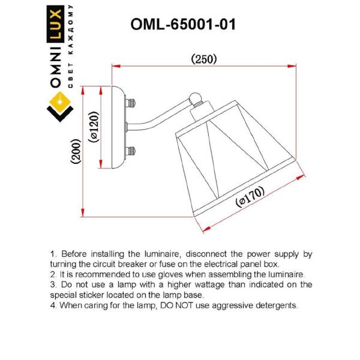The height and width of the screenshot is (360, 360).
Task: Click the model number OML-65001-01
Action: [x=183, y=25]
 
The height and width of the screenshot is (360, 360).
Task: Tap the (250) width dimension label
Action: [x=203, y=59]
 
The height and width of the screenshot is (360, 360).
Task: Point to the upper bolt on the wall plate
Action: [x=131, y=103]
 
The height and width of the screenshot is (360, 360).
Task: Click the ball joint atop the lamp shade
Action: [x=196, y=98]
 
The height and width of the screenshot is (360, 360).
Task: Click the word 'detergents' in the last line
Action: [x=274, y=305]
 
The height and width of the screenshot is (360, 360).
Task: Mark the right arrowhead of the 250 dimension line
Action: [x=297, y=66]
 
